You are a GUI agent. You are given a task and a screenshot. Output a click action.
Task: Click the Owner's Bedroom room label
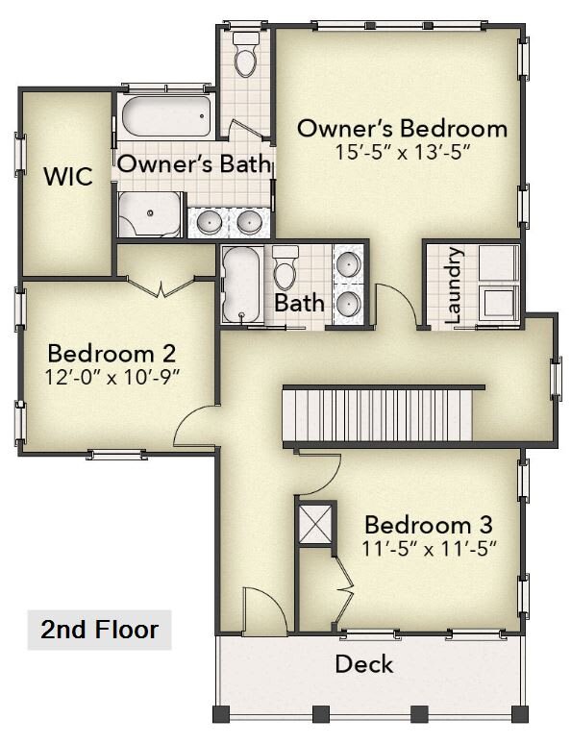click(x=402, y=129)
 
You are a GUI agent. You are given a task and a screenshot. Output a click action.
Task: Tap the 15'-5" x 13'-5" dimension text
click(x=403, y=153)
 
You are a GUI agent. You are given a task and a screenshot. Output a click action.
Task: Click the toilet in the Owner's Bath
click(x=245, y=55)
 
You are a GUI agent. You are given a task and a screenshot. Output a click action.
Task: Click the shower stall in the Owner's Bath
click(x=150, y=214)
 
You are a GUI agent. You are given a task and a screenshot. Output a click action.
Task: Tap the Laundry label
click(x=453, y=285)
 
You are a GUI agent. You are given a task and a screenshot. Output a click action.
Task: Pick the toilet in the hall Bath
click(x=285, y=267)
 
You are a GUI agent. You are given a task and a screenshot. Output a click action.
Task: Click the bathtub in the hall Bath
click(x=241, y=284)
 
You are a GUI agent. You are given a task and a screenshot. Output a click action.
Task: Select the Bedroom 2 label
click(x=112, y=354)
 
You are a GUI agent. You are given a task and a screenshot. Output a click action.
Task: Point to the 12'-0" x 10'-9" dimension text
click(x=112, y=378)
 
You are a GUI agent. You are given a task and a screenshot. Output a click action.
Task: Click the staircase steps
click(x=379, y=415)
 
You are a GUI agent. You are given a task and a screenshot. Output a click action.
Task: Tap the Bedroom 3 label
click(x=429, y=525)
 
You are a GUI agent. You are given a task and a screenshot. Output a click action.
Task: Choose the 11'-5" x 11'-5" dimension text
click(x=429, y=549)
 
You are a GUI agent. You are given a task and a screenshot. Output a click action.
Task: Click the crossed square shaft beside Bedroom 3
click(x=314, y=523)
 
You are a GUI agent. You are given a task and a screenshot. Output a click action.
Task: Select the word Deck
click(x=364, y=664)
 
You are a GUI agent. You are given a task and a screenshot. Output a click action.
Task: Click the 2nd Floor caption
click(x=99, y=630)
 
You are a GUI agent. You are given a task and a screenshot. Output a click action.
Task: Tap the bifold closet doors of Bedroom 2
click(x=161, y=285)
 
